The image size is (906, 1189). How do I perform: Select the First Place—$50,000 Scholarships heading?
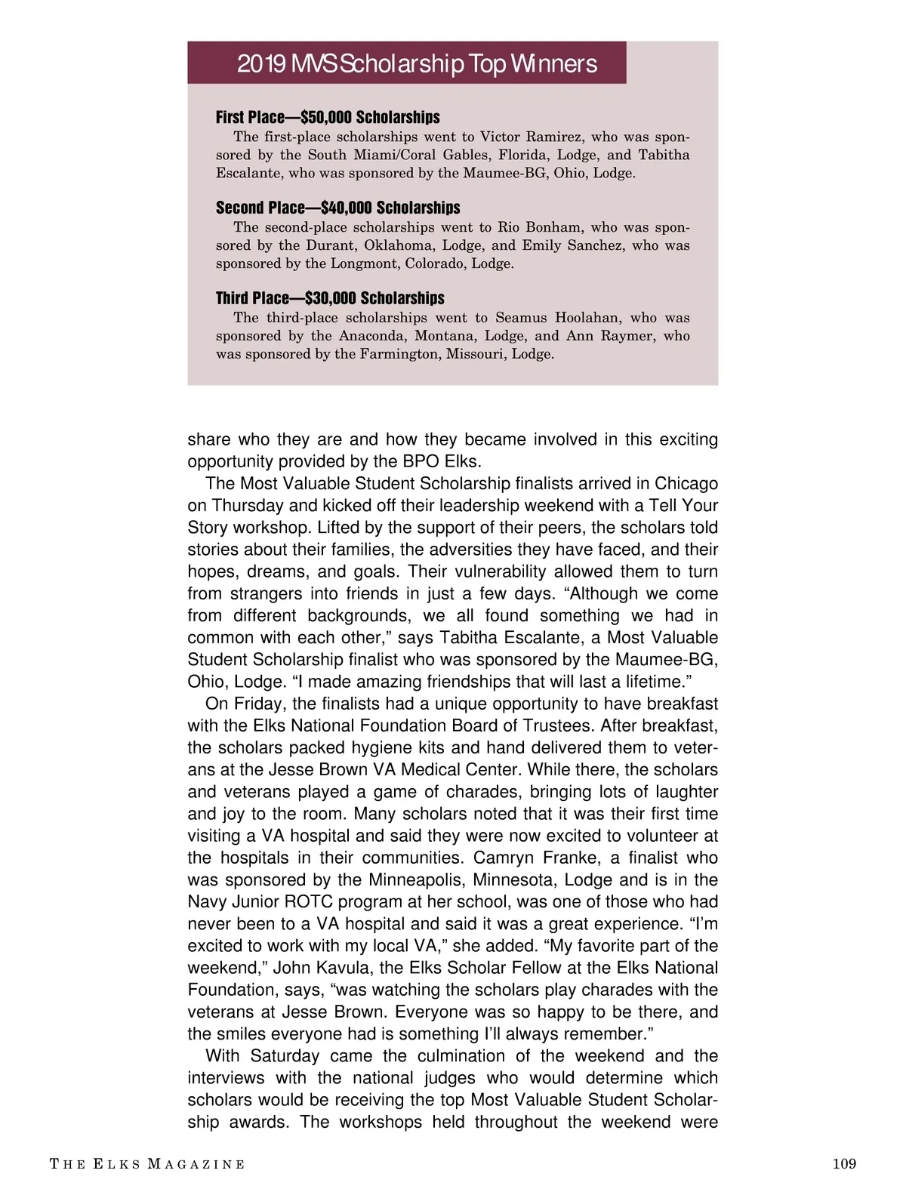(x=328, y=117)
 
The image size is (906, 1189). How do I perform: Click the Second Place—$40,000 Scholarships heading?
(x=337, y=208)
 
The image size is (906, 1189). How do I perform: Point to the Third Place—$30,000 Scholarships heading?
(x=330, y=298)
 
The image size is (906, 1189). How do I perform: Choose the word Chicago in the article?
(x=686, y=483)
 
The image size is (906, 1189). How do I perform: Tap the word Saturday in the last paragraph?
(x=285, y=1055)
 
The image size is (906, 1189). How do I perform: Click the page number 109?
(x=844, y=1163)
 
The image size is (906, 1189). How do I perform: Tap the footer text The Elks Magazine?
(x=147, y=1164)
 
